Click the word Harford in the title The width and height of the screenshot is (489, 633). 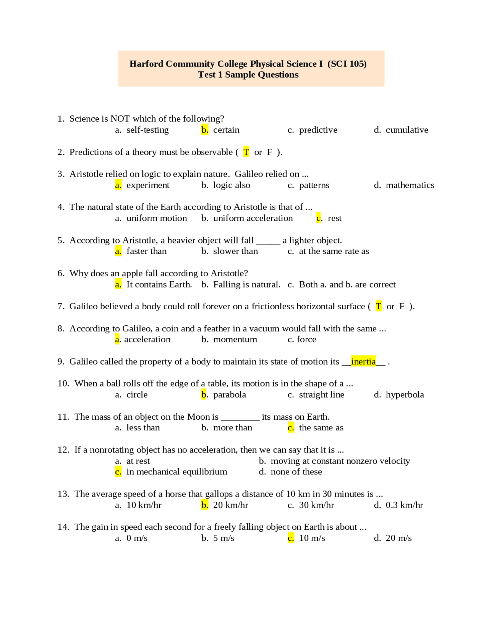[x=146, y=64]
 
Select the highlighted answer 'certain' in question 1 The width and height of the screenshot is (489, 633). [x=226, y=130]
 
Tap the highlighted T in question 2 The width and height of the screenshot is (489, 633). [x=246, y=152]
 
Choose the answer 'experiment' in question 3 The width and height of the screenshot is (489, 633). [x=148, y=185]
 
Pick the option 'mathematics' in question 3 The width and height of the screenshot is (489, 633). [x=410, y=185]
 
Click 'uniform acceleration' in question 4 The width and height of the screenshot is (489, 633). [x=253, y=218]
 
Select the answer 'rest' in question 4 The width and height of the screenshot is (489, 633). [x=334, y=218]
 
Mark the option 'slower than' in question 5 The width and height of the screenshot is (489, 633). [x=235, y=252]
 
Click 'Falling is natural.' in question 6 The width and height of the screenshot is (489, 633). [x=246, y=285]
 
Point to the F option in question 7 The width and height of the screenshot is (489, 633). [x=402, y=307]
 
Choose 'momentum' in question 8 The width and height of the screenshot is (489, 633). [x=235, y=340]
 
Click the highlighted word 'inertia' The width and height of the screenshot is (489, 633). [x=363, y=362]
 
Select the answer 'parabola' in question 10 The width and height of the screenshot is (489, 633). [x=229, y=395]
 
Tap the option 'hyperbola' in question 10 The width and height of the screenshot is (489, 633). [x=405, y=395]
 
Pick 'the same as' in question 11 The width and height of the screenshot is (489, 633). [x=321, y=428]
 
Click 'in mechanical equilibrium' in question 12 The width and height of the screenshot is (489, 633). [x=176, y=472]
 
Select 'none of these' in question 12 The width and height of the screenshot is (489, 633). [x=296, y=472]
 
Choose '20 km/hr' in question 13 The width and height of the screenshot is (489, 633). [x=230, y=505]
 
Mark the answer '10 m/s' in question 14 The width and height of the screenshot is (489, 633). [x=312, y=539]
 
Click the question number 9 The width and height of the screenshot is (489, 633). [x=61, y=362]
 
